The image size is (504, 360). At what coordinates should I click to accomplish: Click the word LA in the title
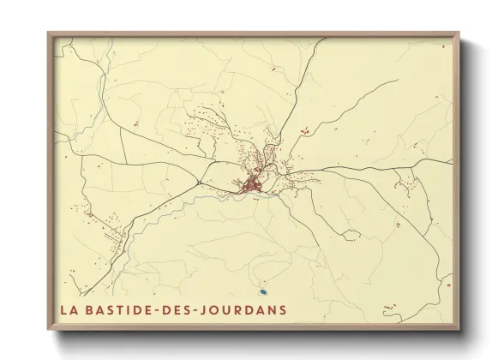coord(69,309)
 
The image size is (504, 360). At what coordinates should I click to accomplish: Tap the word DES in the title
coord(184,309)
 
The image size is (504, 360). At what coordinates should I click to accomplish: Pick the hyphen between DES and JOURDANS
coord(205,309)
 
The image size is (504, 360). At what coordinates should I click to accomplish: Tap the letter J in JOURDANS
coord(214,309)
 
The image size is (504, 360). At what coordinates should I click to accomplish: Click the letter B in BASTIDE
coord(93,309)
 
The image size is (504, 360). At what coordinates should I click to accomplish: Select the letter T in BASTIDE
coord(123,309)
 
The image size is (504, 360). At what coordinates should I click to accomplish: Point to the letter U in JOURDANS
coord(236,309)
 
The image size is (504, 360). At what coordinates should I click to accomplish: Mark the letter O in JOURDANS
coord(225,309)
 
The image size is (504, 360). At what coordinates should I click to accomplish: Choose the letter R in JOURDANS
coord(247,309)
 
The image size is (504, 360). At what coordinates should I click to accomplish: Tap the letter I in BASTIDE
coord(134,309)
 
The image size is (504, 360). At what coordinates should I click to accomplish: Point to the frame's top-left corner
coord(48,33)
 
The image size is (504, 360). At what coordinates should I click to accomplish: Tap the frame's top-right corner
coord(459,33)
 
